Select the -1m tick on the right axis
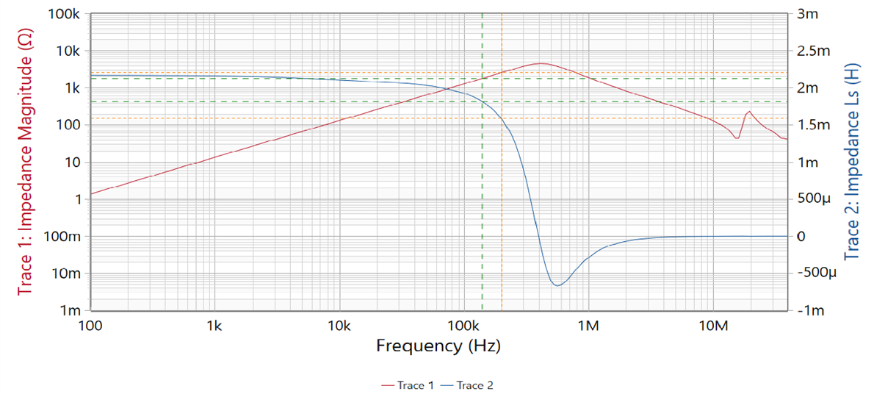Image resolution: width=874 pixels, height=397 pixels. pyautogui.click(x=806, y=310)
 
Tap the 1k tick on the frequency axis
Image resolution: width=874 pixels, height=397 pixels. pyautogui.click(x=214, y=324)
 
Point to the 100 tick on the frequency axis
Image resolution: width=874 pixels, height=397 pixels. pyautogui.click(x=90, y=324)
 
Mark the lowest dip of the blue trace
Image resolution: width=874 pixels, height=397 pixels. pyautogui.click(x=557, y=285)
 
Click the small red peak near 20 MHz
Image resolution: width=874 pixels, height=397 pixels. pyautogui.click(x=748, y=112)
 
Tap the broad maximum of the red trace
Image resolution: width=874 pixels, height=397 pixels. pyautogui.click(x=540, y=63)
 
